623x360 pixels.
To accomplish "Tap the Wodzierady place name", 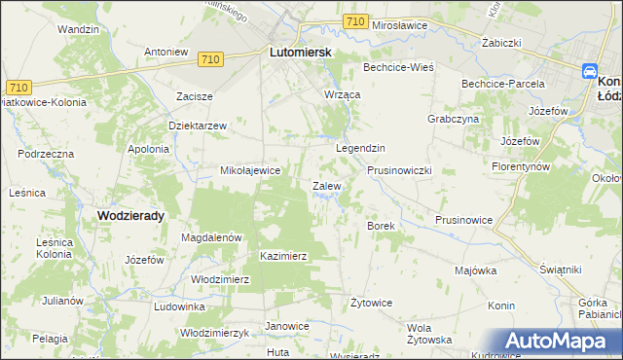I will click(x=130, y=215).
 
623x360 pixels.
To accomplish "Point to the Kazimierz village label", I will click(x=284, y=256).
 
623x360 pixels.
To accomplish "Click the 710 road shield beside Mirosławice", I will click(x=355, y=20).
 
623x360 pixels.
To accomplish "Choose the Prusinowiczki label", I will click(x=399, y=170).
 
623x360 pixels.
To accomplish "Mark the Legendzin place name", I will click(x=361, y=148).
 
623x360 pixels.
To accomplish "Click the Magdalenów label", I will click(x=211, y=236).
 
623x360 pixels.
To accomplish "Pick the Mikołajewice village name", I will click(x=251, y=170).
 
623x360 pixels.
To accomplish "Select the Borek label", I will click(x=379, y=226).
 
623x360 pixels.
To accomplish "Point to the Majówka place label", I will click(x=475, y=270).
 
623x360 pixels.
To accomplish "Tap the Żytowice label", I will click(x=371, y=303).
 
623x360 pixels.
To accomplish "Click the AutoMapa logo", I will click(x=560, y=341).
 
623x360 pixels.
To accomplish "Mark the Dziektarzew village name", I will click(x=198, y=126).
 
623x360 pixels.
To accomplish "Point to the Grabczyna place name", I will click(x=453, y=119).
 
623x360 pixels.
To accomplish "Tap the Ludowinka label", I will click(x=179, y=306).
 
